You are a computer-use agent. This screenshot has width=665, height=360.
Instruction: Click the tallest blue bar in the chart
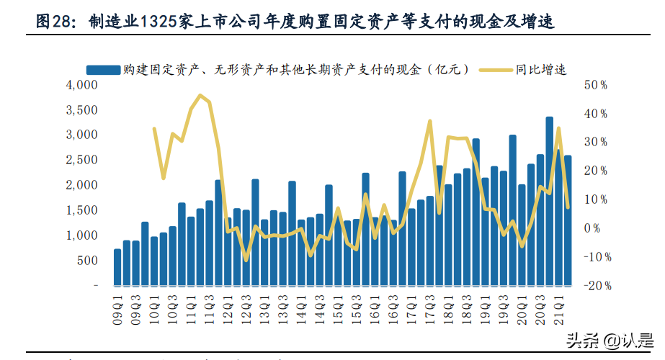tap(549, 201)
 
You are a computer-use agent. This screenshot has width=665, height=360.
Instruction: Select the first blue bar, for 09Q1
tap(117, 267)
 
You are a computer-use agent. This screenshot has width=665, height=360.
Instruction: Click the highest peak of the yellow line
tap(200, 96)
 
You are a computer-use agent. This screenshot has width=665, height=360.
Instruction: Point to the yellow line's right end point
tap(568, 207)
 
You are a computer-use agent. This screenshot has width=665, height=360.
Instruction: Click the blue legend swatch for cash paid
tap(102, 70)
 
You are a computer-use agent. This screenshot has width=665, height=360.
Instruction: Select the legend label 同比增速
tap(541, 70)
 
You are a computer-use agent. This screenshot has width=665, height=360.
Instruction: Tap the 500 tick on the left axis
tap(86, 261)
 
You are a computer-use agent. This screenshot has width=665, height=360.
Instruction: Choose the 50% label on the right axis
tap(597, 85)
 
